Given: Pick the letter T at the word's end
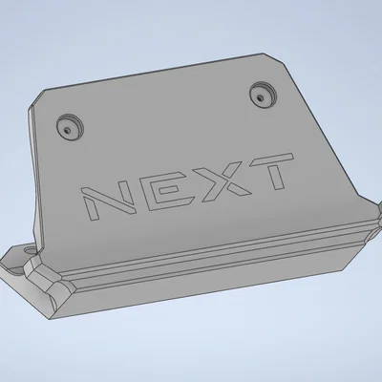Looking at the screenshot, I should (270, 172).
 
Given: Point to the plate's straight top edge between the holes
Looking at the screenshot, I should (162, 72).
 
